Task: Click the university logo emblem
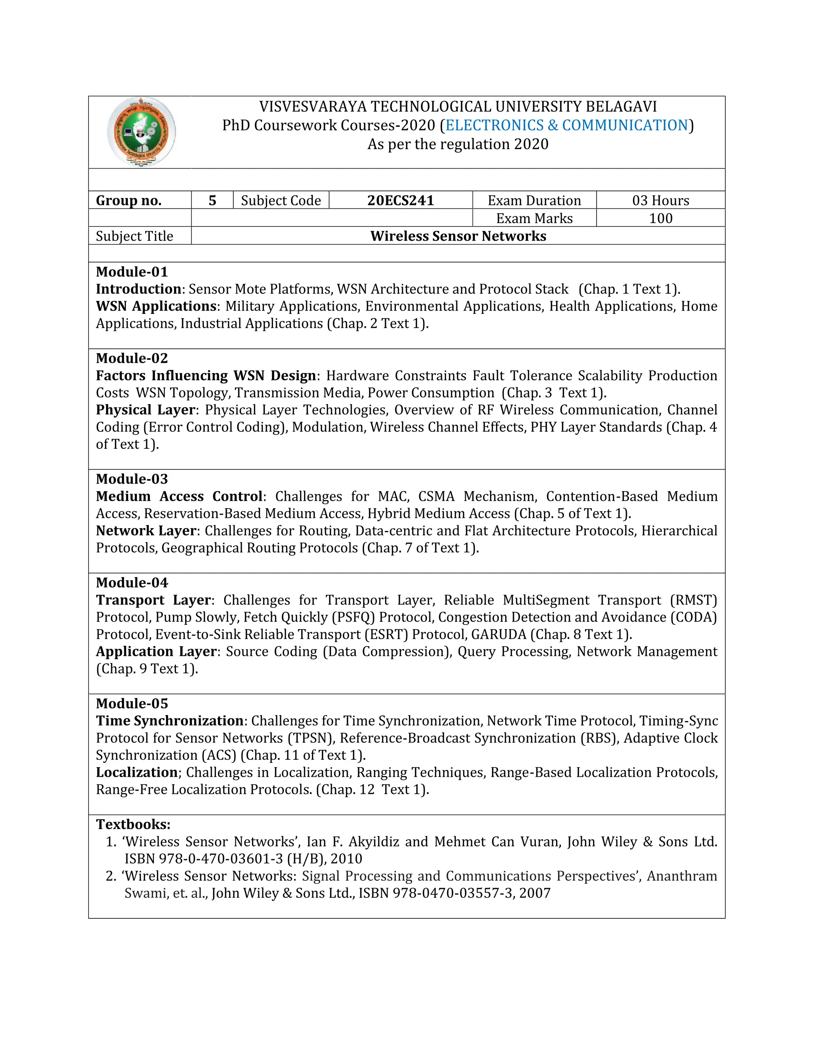coord(141,132)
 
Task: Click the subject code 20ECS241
coord(400,200)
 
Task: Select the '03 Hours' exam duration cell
coord(660,200)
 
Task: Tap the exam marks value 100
coord(660,218)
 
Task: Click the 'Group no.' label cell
coord(129,200)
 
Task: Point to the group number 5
coord(212,200)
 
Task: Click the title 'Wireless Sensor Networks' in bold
coord(458,236)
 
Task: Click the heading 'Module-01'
coord(132,272)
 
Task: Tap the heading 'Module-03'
coord(132,479)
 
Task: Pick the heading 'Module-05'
coord(132,703)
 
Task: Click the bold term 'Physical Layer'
coord(145,410)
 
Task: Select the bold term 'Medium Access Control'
coord(179,496)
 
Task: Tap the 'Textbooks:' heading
coord(133,824)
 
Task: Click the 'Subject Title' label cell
coord(134,236)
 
